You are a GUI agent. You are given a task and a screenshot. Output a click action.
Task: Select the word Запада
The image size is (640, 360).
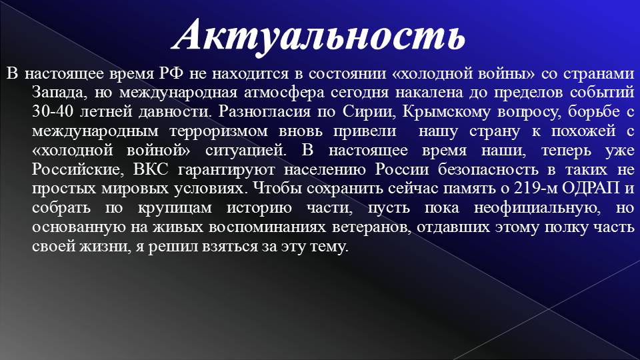pos(59,93)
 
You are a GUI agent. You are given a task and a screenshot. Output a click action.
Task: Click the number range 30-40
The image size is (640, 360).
pos(53,111)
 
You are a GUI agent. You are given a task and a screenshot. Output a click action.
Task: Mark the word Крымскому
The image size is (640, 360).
pos(446,112)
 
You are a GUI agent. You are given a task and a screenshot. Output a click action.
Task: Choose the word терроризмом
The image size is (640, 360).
pos(219,131)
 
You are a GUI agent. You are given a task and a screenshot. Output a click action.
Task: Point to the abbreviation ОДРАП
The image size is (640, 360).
pos(591,189)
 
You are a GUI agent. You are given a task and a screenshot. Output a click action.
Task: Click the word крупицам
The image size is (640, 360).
pos(175,208)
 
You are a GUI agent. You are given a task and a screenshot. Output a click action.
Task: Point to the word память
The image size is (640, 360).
pos(469,189)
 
